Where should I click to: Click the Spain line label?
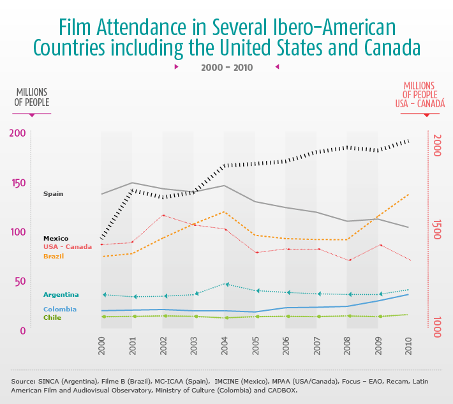coord(53,193)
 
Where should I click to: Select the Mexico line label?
coord(56,239)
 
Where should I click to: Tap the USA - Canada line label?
coord(68,247)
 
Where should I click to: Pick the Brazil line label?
coord(54,256)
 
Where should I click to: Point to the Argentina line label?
coord(61,294)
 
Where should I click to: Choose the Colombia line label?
coord(60,310)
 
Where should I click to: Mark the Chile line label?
coord(52,317)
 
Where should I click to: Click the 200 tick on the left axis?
coord(17,133)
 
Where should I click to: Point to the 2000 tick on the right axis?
coord(437,145)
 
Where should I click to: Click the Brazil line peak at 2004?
coord(224,211)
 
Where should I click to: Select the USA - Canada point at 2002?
coord(163,215)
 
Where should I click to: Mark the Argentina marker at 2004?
coord(225,284)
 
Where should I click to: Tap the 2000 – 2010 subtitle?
coord(226,67)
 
